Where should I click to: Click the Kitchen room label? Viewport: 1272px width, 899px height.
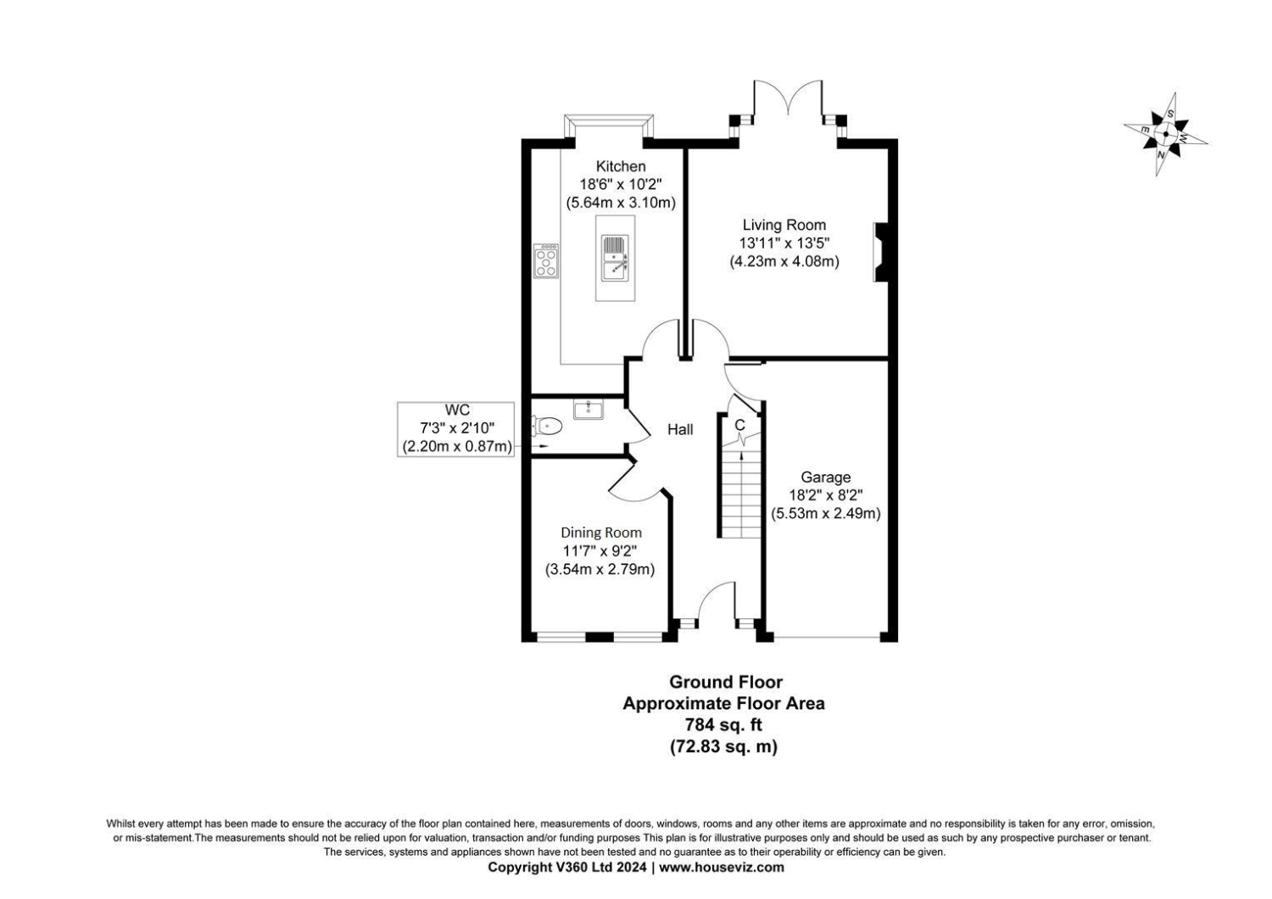[x=621, y=166]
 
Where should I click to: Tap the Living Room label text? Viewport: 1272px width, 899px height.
[x=784, y=225]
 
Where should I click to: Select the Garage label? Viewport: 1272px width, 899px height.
[x=826, y=477]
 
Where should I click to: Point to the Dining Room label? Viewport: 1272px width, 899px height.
[x=601, y=533]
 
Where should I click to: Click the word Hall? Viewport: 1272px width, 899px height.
[x=680, y=429]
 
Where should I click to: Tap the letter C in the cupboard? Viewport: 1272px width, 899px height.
[x=739, y=425]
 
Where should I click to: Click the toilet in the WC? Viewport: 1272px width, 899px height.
[x=546, y=426]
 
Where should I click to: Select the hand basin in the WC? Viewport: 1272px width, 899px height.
[x=589, y=410]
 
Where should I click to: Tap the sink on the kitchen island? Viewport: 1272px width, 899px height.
[x=615, y=258]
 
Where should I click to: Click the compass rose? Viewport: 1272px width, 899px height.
[x=1166, y=135]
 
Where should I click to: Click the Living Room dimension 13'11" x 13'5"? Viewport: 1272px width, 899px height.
[x=784, y=243]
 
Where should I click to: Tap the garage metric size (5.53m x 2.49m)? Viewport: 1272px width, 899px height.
[x=826, y=513]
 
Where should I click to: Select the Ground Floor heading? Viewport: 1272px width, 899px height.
[x=726, y=682]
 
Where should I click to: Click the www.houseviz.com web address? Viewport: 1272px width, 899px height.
[x=721, y=868]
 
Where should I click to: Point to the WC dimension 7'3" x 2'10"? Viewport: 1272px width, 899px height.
[x=457, y=427]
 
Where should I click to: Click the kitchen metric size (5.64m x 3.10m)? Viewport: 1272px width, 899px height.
[x=621, y=203]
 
